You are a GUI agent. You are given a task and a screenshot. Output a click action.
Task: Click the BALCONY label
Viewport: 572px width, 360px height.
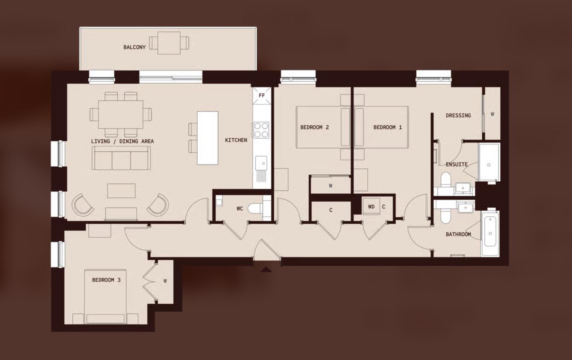134,47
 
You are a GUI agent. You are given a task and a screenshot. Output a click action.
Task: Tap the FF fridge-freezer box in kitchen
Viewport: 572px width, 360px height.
262,96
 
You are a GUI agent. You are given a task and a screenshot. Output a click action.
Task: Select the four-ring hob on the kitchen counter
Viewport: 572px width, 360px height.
261,130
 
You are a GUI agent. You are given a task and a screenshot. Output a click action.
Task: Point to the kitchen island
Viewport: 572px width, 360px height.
208,138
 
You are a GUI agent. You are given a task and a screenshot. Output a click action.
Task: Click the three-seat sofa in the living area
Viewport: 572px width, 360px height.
121,158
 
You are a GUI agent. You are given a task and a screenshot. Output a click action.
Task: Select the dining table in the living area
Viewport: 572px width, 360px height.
120,114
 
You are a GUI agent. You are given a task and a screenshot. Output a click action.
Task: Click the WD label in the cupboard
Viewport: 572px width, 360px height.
371,207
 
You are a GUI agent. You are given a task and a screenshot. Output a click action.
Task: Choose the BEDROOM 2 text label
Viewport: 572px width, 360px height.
314,127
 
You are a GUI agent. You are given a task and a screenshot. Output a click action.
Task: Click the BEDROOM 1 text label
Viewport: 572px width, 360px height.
387,127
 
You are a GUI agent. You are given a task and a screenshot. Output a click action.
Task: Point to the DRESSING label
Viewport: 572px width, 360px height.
458,115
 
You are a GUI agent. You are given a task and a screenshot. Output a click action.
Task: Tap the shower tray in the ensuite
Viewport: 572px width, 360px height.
489,162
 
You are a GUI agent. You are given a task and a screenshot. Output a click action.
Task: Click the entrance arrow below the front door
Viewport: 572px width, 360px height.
266,270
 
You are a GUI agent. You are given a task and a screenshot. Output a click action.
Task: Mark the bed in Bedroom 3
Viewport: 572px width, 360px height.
106,295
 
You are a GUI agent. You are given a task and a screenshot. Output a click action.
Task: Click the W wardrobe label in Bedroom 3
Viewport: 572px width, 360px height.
165,281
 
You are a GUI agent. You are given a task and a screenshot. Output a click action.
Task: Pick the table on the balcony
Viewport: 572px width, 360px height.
169,43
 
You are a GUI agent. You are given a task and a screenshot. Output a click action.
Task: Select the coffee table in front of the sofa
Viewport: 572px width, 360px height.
121,191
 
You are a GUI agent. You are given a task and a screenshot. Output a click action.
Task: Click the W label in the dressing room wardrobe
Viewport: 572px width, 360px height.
492,114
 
